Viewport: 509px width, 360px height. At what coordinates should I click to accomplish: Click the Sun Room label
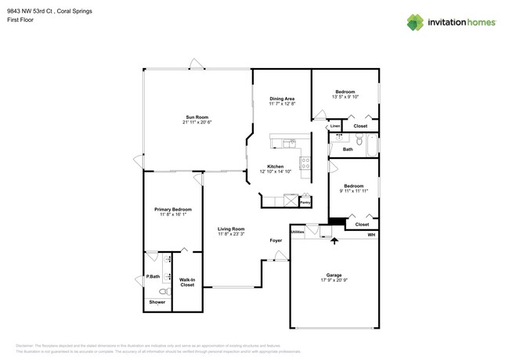tap(197, 117)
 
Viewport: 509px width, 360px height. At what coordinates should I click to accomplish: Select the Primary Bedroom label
tap(172, 209)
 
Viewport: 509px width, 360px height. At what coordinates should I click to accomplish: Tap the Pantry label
tap(305, 203)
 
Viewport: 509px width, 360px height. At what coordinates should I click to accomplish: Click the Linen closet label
tap(334, 125)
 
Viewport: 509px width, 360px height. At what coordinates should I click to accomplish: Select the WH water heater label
tap(371, 234)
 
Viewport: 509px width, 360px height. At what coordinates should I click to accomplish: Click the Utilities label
tap(298, 232)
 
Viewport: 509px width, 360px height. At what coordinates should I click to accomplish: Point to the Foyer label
tap(276, 240)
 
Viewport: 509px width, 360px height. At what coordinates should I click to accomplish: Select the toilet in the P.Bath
tap(154, 289)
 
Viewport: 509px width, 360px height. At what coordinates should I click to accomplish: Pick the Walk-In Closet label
tap(187, 282)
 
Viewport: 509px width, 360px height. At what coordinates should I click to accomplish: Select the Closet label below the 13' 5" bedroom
tap(360, 125)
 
